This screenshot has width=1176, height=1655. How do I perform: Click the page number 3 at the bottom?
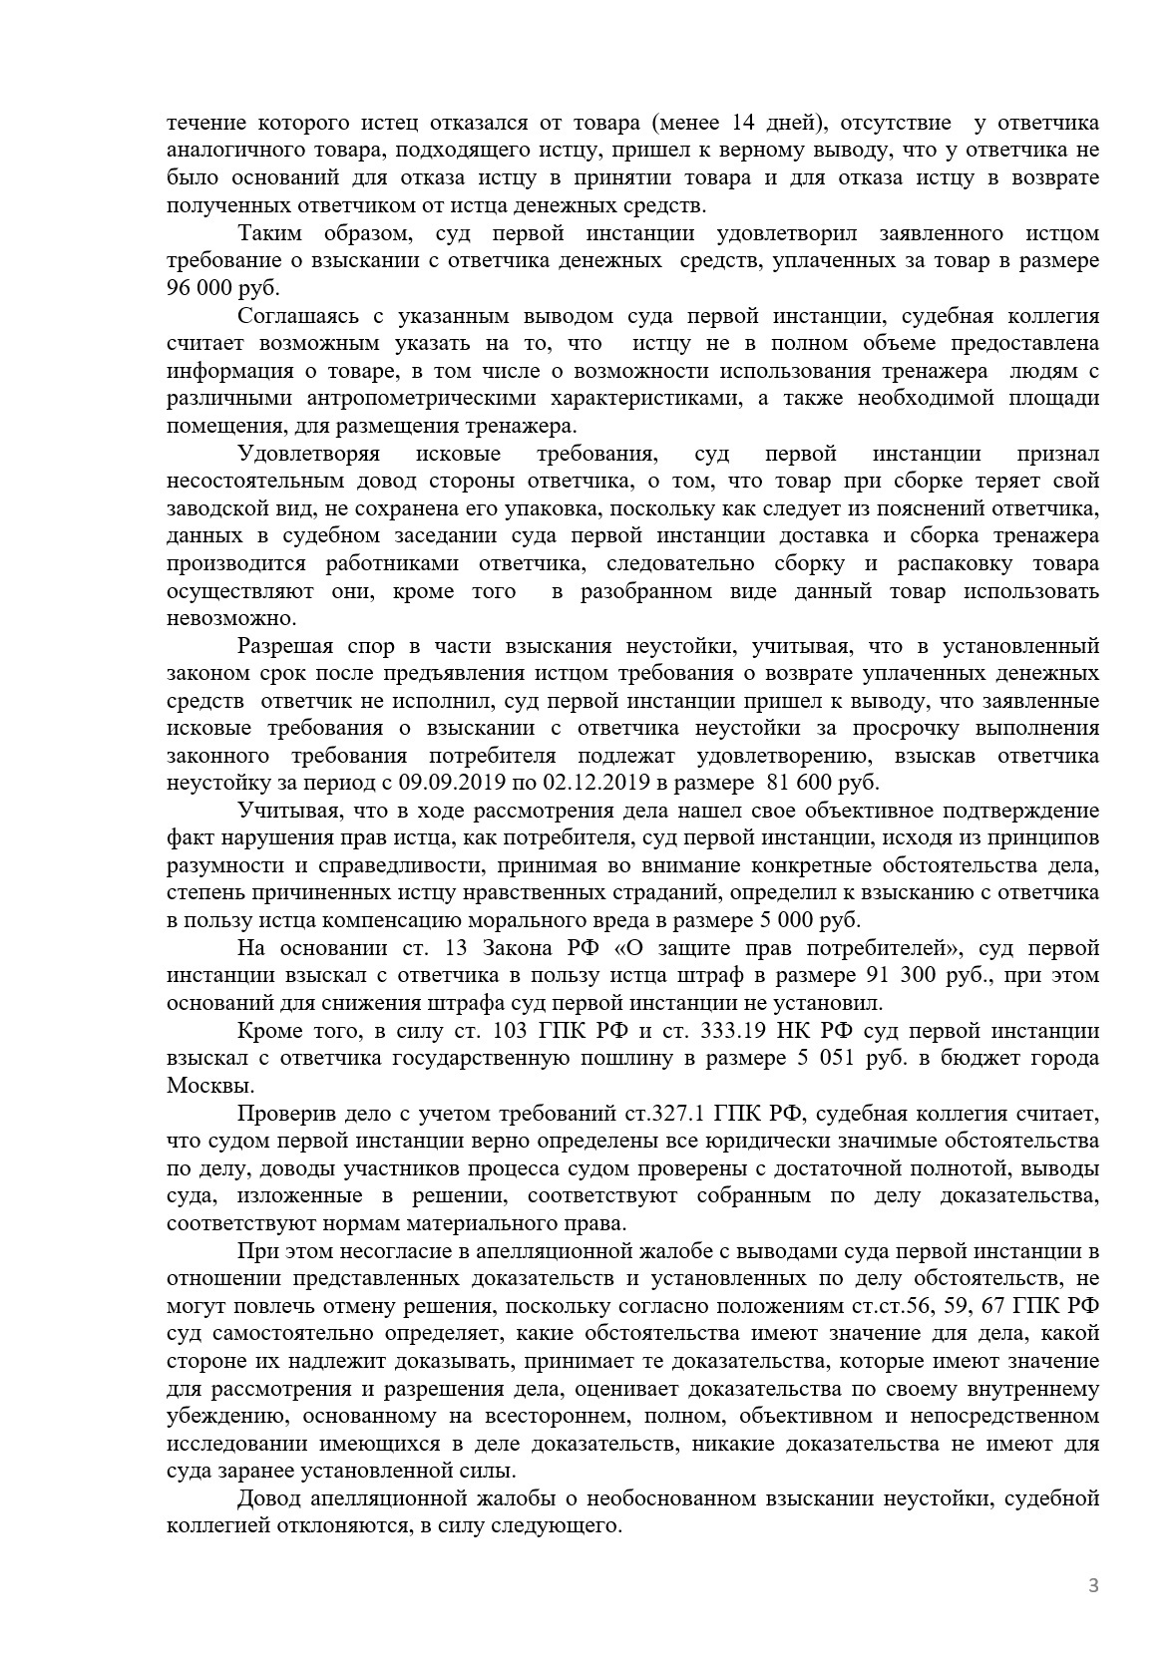1093,1586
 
